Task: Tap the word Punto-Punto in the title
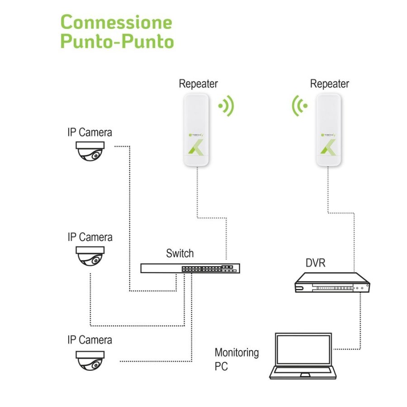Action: [117, 42]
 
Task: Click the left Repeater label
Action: [198, 84]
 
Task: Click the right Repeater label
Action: [330, 84]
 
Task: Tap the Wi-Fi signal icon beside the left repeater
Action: [226, 106]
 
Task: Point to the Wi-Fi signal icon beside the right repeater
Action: [299, 106]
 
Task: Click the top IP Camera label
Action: [90, 133]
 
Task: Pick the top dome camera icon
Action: [90, 151]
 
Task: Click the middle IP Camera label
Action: [90, 237]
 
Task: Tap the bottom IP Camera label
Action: [90, 340]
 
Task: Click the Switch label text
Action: [180, 253]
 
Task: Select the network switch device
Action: [190, 268]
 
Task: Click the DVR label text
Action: [315, 263]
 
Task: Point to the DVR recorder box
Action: [332, 283]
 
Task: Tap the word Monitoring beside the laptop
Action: [237, 352]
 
